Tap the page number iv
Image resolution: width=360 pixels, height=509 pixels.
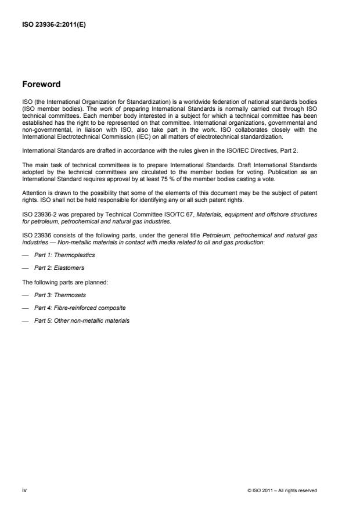coord(24,490)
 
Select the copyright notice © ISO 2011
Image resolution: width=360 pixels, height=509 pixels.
coord(282,490)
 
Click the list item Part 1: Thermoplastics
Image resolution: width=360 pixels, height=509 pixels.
coord(64,254)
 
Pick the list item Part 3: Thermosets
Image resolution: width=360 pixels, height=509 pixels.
coord(61,295)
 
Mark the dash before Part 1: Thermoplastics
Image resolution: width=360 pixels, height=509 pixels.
coord(24,254)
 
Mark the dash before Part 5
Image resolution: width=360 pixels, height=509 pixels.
coord(24,320)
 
